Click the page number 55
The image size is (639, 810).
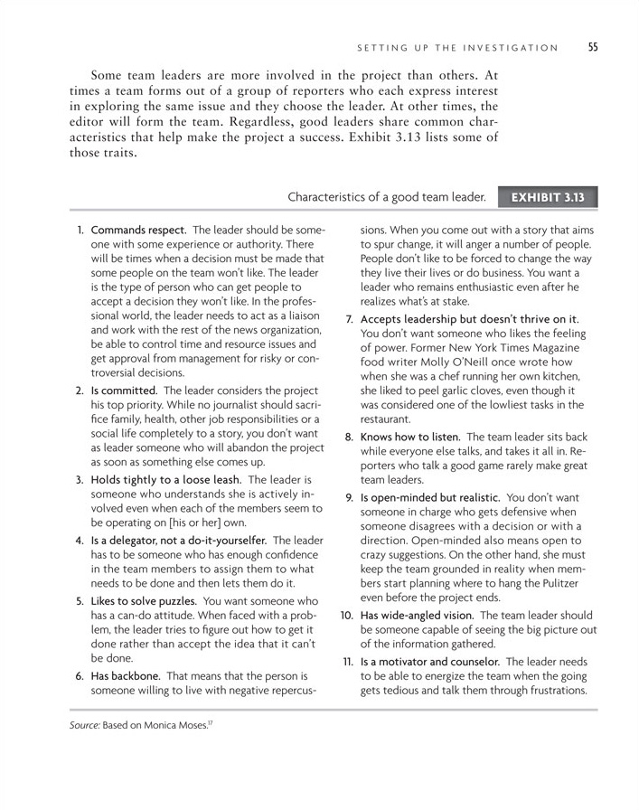(593, 48)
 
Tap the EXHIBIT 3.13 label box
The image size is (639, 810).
(548, 196)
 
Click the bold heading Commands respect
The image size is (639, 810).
(138, 231)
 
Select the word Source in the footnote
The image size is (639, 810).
(82, 726)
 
